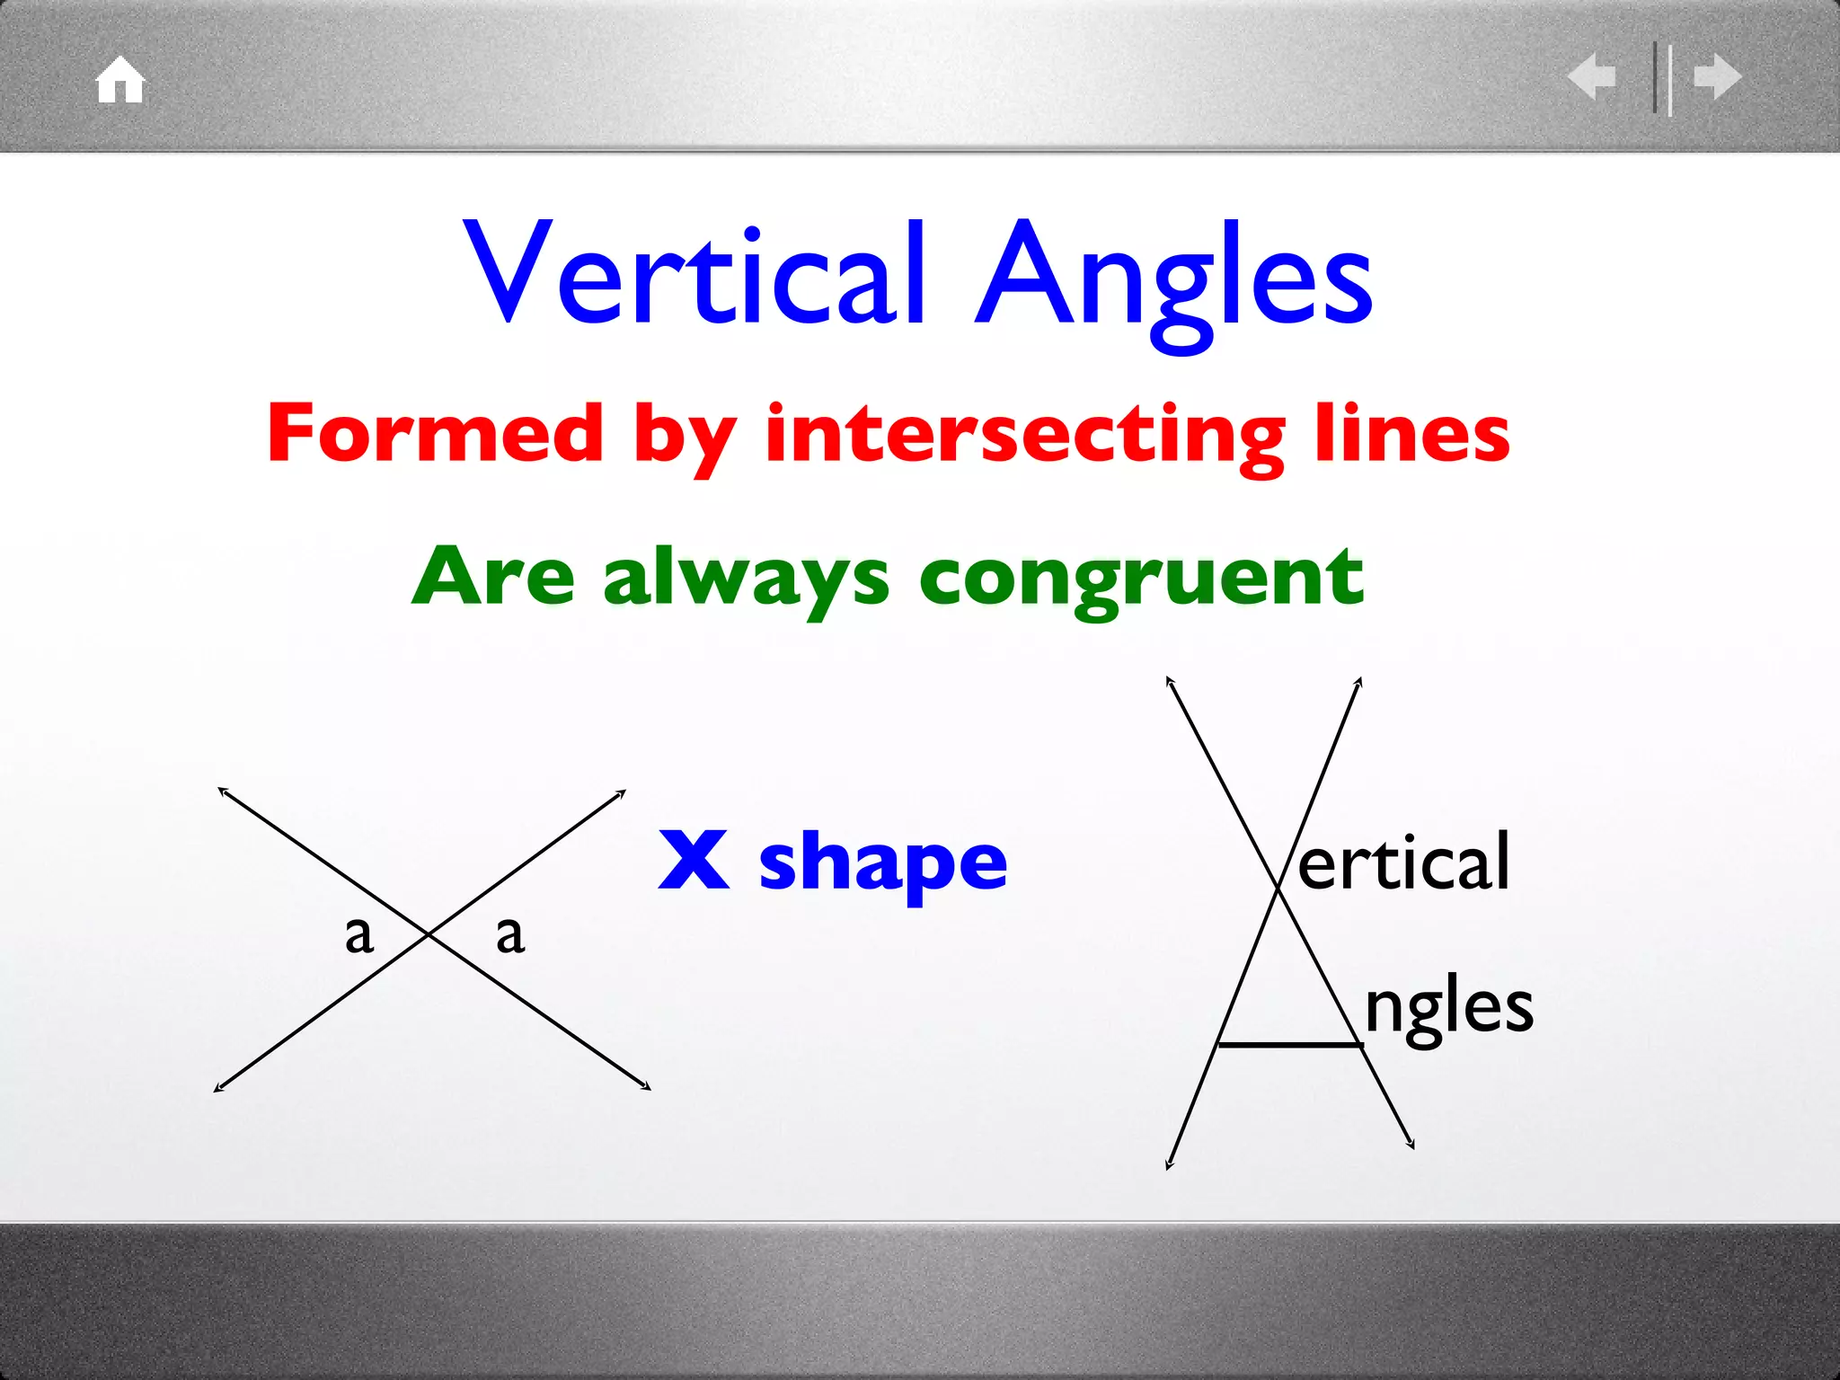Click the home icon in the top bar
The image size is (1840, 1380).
click(x=120, y=81)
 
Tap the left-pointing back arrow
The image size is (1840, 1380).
click(x=1591, y=76)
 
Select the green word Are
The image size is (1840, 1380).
click(x=493, y=578)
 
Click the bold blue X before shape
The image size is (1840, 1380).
click(x=693, y=860)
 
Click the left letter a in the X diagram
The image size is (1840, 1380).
click(x=359, y=934)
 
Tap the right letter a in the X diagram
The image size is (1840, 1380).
click(x=510, y=934)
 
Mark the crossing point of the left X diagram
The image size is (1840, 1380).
click(x=429, y=935)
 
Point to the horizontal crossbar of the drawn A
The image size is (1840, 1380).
click(x=1288, y=1045)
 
